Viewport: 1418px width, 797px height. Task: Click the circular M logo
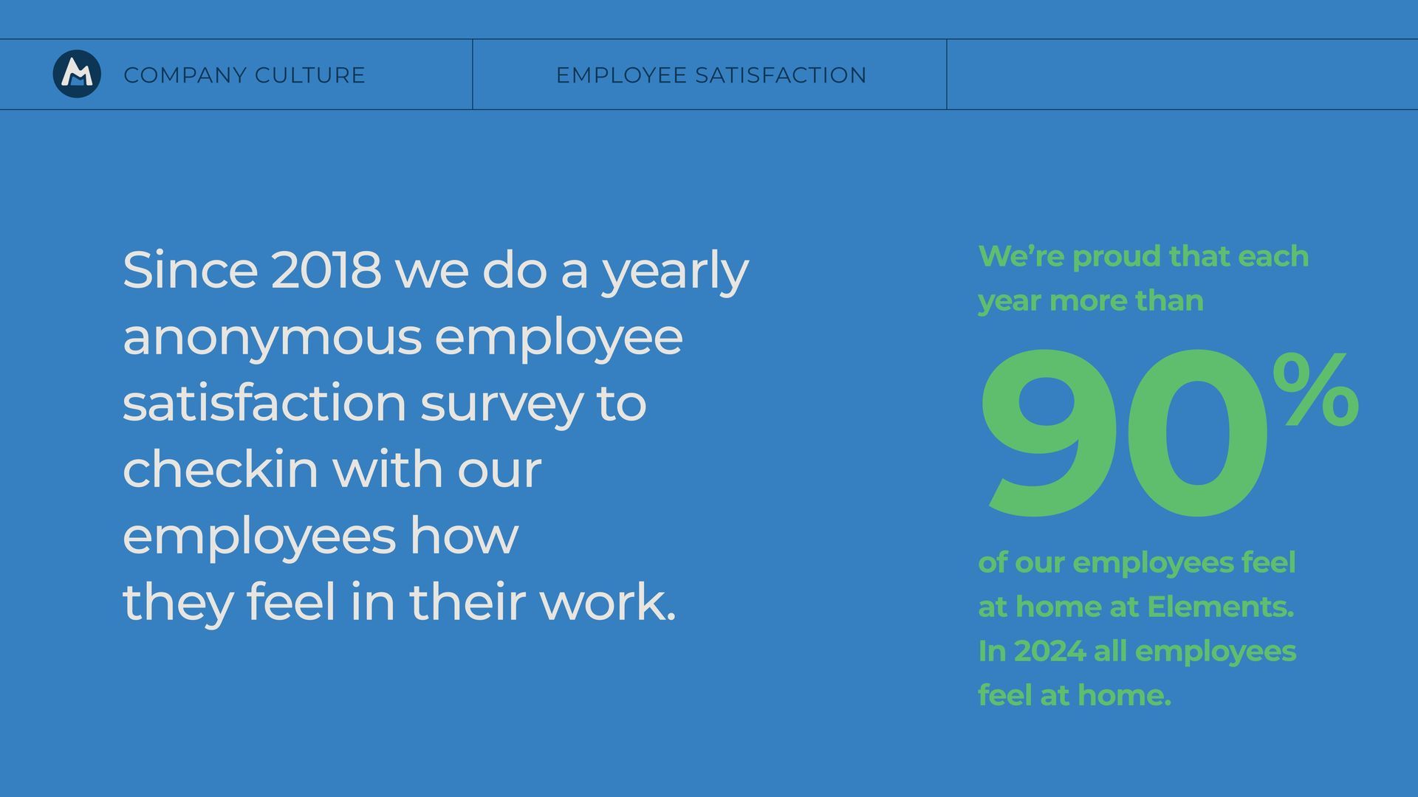pos(77,74)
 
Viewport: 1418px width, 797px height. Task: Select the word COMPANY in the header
pos(185,75)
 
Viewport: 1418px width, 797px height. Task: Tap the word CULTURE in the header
pos(310,75)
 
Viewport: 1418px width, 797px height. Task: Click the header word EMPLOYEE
pos(621,75)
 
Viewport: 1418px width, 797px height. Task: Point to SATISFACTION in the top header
pos(781,75)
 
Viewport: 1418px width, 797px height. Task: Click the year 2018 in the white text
pos(326,270)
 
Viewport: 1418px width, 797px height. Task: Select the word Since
pos(190,270)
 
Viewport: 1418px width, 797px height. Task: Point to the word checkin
pos(220,469)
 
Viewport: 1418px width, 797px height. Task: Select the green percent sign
pos(1315,389)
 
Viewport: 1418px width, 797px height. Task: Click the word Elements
pos(1220,607)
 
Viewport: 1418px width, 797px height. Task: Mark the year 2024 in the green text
pos(1049,652)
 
